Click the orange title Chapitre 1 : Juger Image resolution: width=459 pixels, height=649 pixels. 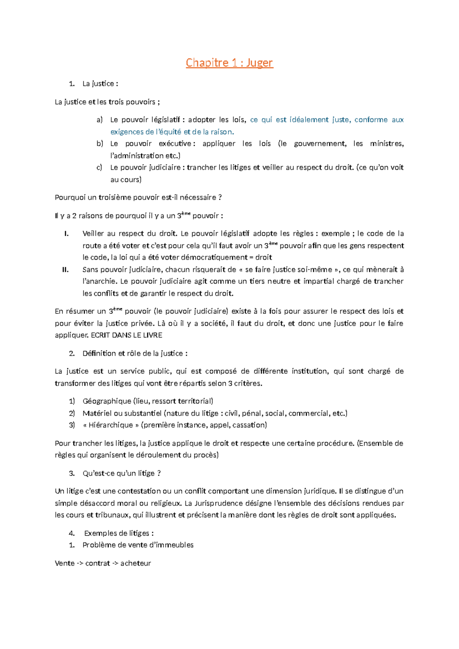click(229, 62)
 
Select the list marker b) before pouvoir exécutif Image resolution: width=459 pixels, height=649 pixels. click(100, 143)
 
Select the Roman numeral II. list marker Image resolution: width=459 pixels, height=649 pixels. click(65, 269)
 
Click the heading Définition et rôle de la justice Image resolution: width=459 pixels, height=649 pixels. click(135, 353)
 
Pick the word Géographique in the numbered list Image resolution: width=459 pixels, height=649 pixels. click(107, 401)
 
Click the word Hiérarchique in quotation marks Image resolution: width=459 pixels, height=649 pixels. click(111, 425)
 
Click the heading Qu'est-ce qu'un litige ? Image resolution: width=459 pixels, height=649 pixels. click(121, 473)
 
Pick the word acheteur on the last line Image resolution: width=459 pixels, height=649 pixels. click(135, 563)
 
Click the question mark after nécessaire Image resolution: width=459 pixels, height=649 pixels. click(220, 197)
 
